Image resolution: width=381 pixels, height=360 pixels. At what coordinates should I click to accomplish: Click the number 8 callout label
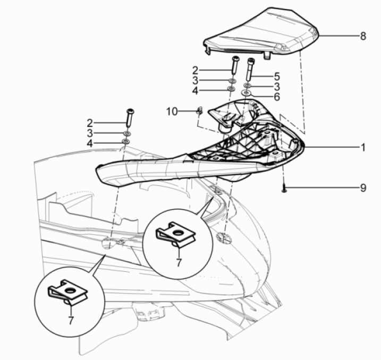[x=363, y=36]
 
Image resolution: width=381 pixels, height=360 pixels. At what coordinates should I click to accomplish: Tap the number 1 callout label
[x=363, y=147]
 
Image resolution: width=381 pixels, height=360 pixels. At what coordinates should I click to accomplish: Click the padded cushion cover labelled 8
[x=266, y=32]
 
